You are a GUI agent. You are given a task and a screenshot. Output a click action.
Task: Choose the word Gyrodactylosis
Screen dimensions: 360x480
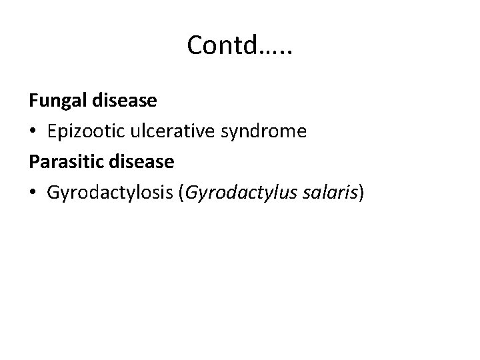109,193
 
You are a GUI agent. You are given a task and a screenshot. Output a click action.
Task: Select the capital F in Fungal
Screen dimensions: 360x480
33,101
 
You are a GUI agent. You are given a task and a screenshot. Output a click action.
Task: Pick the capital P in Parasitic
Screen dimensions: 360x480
33,163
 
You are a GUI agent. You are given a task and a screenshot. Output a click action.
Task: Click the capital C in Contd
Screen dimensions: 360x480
194,45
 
